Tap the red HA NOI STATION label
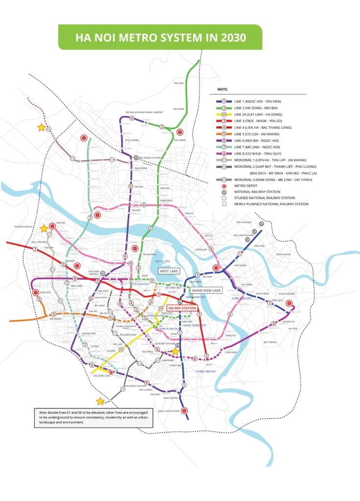tap(182, 308)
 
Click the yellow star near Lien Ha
tap(44, 228)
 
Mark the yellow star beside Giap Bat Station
tap(175, 351)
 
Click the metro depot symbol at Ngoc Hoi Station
tap(184, 411)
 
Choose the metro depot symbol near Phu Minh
tap(180, 132)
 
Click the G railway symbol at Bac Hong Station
tap(136, 158)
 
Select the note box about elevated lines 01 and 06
tap(93, 417)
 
